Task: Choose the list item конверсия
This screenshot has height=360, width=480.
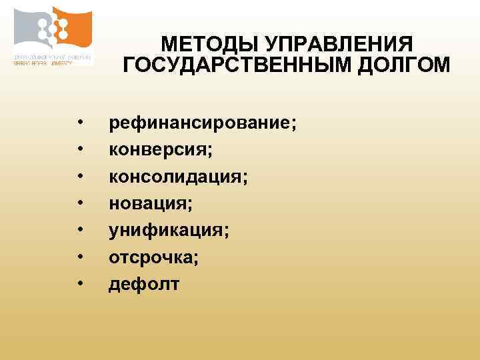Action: click(161, 151)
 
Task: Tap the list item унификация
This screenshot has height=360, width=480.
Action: click(169, 231)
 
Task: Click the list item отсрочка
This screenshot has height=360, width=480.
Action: click(153, 257)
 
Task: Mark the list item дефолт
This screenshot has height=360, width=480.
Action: click(144, 284)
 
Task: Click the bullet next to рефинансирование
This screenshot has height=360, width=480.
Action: click(79, 124)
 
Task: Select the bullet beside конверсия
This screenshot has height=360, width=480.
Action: click(79, 151)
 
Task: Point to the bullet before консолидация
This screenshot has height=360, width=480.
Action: click(79, 177)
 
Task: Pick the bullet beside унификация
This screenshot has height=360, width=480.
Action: click(79, 231)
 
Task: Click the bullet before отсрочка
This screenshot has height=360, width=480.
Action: click(79, 257)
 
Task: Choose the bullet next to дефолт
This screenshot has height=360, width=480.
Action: click(79, 284)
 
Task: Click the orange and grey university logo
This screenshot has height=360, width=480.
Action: click(53, 28)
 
